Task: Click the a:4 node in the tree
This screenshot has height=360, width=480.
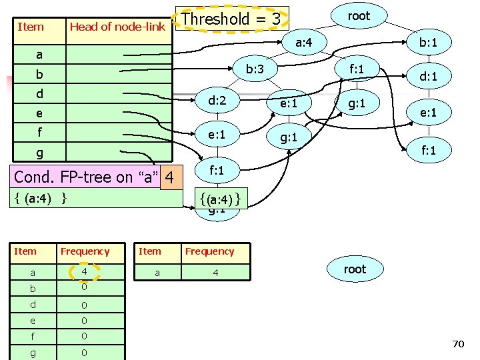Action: [x=304, y=43]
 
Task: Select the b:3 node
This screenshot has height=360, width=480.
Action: [x=255, y=69]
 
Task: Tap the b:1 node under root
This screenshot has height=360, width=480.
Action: [x=425, y=43]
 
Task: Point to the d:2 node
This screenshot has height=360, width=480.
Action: [x=217, y=101]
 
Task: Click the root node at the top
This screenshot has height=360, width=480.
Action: [x=359, y=16]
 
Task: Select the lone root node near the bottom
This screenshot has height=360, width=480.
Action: [x=355, y=269]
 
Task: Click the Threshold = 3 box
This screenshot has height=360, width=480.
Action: [x=231, y=19]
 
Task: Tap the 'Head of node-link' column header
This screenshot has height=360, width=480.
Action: [x=117, y=27]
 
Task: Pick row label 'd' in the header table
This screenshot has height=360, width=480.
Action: [x=39, y=93]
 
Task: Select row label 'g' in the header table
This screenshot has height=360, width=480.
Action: [x=39, y=153]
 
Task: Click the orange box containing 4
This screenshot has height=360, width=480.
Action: [x=171, y=177]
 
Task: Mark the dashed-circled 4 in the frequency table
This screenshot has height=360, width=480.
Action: [x=84, y=272]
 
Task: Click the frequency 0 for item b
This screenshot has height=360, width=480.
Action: [x=84, y=287]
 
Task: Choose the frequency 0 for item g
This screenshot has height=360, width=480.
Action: [x=84, y=351]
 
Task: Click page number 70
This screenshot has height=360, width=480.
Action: [x=457, y=344]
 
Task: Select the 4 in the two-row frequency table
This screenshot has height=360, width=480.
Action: [x=215, y=272]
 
